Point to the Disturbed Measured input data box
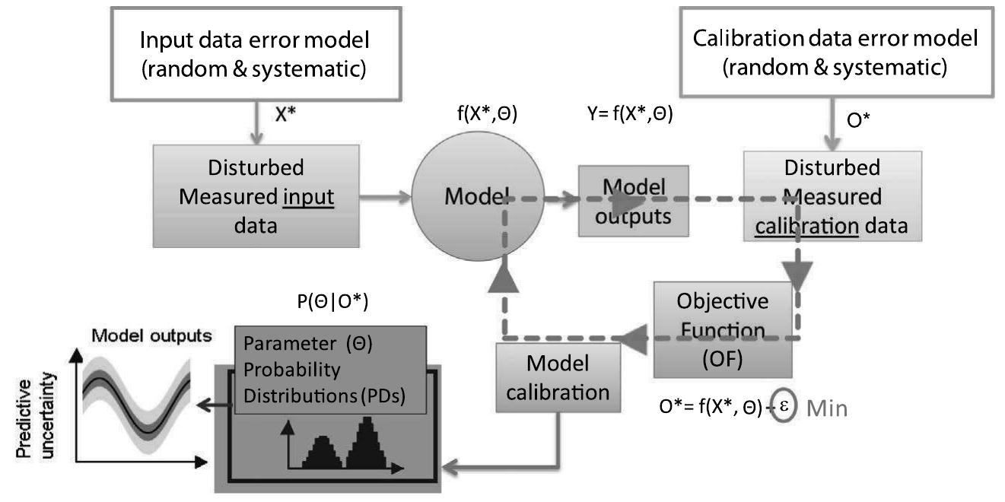pyautogui.click(x=256, y=196)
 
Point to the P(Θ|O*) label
pyautogui.click(x=332, y=301)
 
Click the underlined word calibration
pyautogui.click(x=807, y=226)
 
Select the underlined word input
pyautogui.click(x=309, y=197)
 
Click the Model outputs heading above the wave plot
pyautogui.click(x=152, y=335)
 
